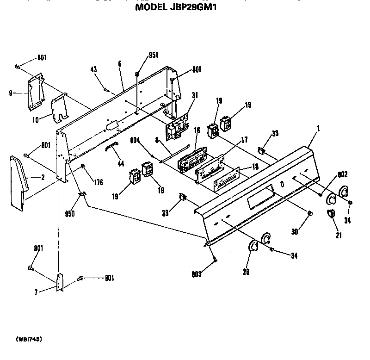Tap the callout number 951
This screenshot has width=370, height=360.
point(154,56)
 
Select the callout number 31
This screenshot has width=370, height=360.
point(195,96)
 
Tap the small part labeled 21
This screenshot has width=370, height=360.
point(331,214)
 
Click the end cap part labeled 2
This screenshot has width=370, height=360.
point(18,183)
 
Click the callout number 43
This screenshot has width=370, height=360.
point(93,70)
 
